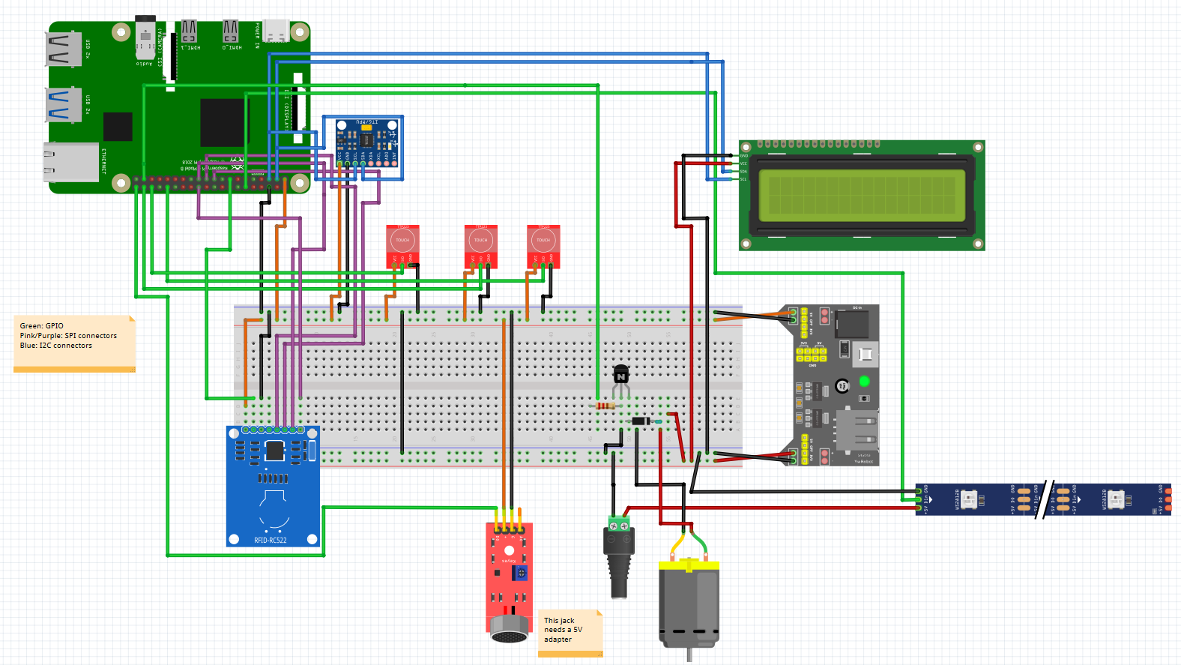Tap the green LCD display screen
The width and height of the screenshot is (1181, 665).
pyautogui.click(x=862, y=195)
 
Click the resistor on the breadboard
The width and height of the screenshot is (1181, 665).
pyautogui.click(x=605, y=406)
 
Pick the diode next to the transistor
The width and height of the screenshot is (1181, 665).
pyautogui.click(x=641, y=421)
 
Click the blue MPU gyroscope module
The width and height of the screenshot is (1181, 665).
pyautogui.click(x=366, y=142)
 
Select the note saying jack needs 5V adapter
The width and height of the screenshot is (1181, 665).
pyautogui.click(x=570, y=631)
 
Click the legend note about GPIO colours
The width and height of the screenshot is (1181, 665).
pyautogui.click(x=73, y=341)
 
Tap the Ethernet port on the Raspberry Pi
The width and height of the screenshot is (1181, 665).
pyautogui.click(x=70, y=162)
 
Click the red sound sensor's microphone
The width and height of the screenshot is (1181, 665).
pyautogui.click(x=510, y=634)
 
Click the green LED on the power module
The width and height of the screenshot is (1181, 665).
pyautogui.click(x=864, y=381)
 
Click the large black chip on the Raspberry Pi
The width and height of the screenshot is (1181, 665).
pyautogui.click(x=223, y=122)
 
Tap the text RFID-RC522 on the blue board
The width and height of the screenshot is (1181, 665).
pyautogui.click(x=270, y=540)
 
